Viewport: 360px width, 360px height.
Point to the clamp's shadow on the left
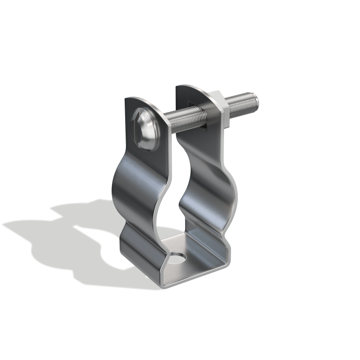pyautogui.click(x=70, y=244)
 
